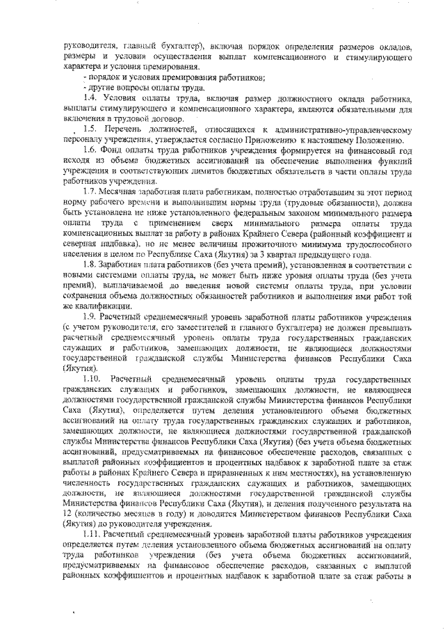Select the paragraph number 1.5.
89,130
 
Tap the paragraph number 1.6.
89,150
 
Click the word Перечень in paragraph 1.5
123,130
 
